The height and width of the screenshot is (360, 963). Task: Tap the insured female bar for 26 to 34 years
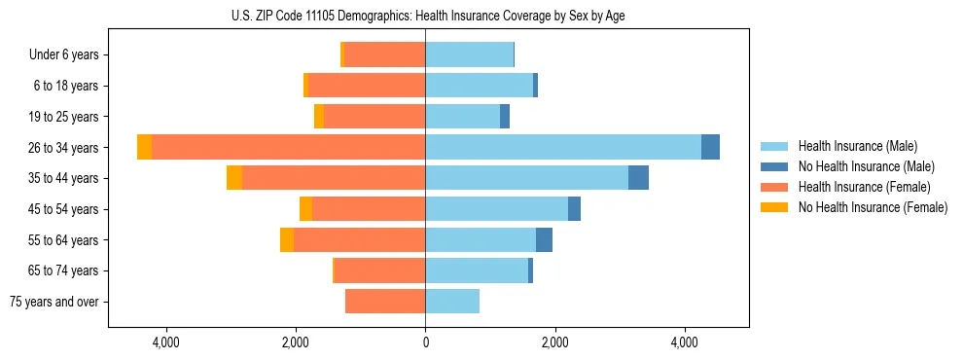(288, 147)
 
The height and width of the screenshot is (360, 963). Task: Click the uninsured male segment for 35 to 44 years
(638, 178)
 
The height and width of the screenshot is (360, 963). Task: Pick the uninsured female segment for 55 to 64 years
(287, 240)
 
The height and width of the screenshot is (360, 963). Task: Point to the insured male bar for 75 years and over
(452, 302)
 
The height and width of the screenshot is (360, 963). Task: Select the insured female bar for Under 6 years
(384, 54)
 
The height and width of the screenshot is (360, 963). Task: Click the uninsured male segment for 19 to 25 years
(505, 117)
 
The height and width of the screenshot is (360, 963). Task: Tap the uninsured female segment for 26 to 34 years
(145, 147)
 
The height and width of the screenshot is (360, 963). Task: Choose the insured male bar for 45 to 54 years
(496, 209)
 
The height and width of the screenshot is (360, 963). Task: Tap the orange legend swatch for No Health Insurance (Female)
(774, 207)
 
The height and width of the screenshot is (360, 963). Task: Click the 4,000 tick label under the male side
(685, 343)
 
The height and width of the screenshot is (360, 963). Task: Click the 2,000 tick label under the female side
(296, 343)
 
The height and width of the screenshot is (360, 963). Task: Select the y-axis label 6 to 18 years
(66, 86)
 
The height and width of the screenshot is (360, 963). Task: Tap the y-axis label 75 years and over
(54, 302)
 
